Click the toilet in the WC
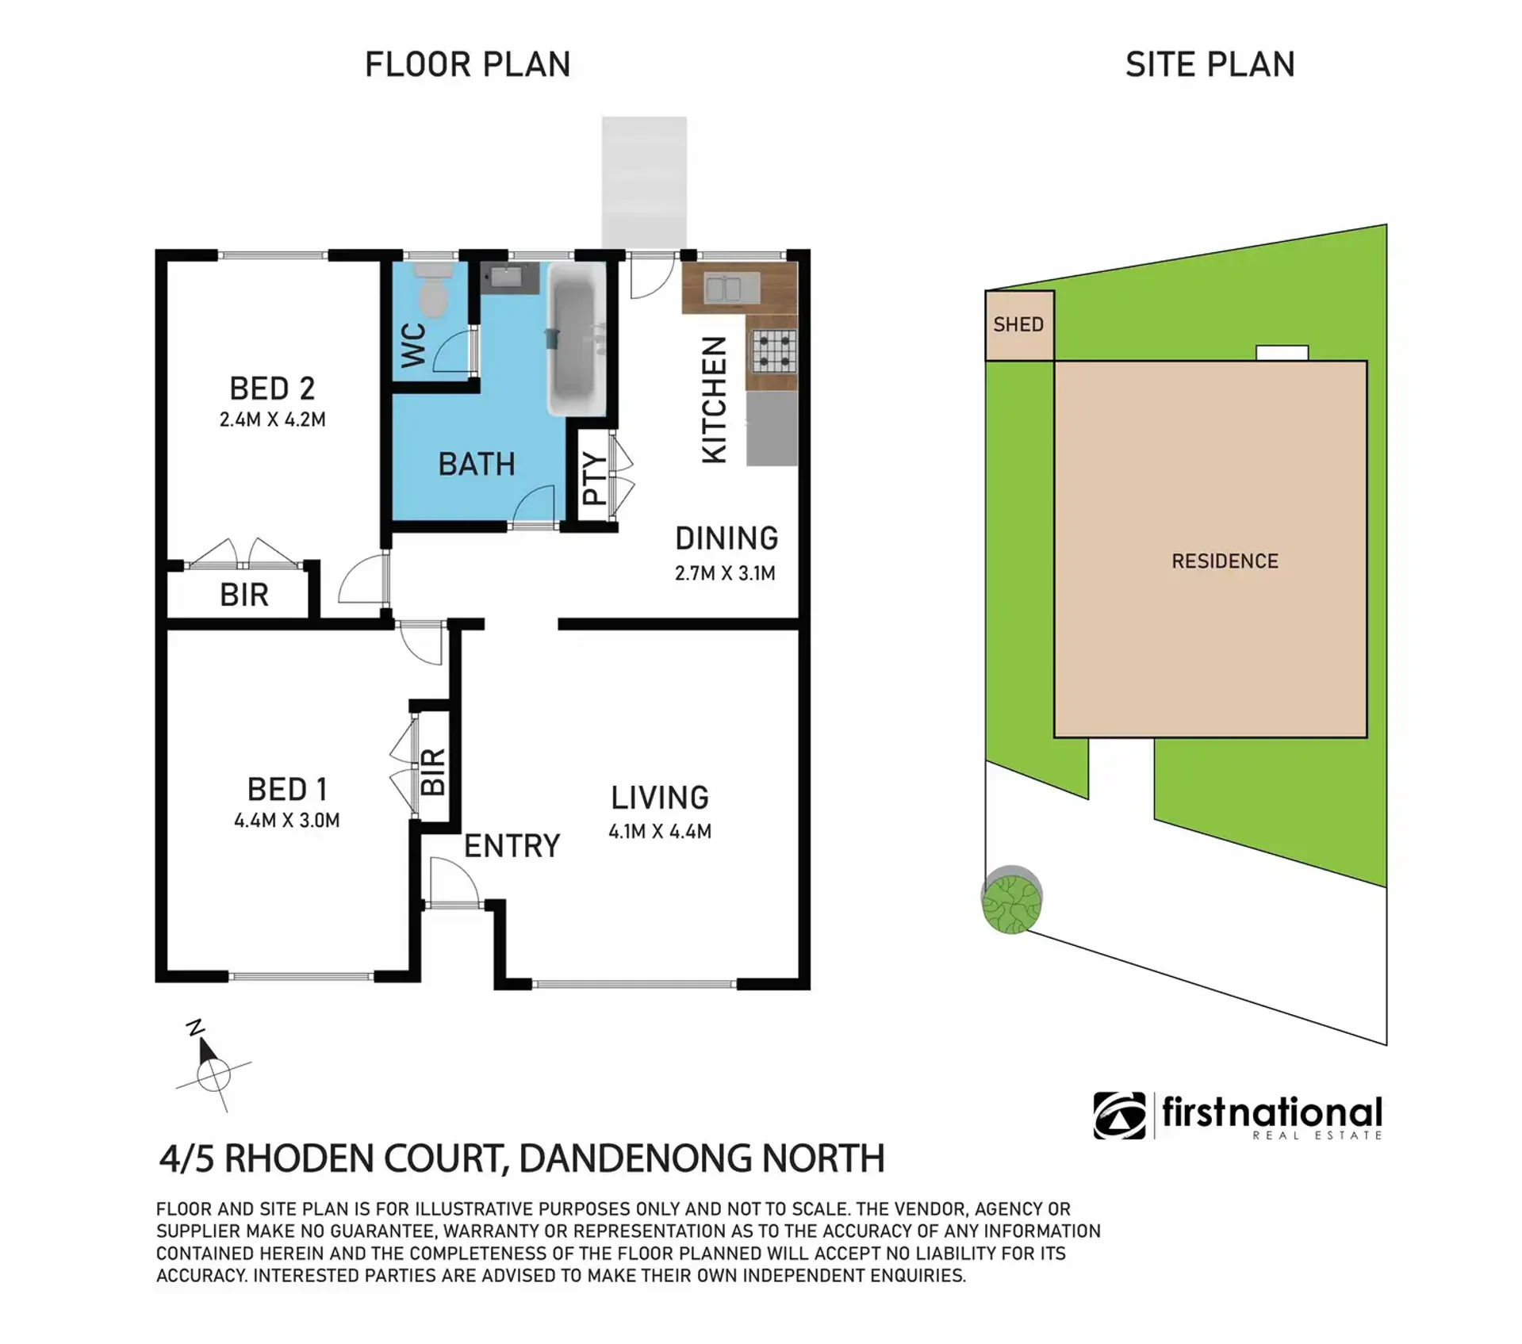(x=432, y=289)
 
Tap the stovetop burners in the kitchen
(x=773, y=351)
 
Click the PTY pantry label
(x=594, y=478)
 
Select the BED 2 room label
(x=272, y=389)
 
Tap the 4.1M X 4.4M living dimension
(x=660, y=832)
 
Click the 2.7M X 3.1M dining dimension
(x=725, y=573)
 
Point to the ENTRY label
(x=512, y=846)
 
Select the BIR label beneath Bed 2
(x=244, y=595)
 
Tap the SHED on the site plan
(x=1019, y=325)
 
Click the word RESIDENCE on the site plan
(x=1225, y=561)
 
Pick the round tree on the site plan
(x=1011, y=900)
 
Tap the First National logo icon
(x=1119, y=1116)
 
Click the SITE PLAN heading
(x=1210, y=65)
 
